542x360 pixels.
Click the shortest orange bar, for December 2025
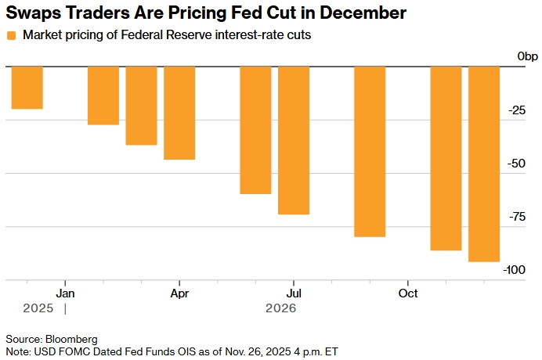[x=27, y=88]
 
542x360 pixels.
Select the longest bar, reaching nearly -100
[x=484, y=164]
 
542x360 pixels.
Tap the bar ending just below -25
[x=103, y=95]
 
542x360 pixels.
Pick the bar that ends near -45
[x=179, y=113]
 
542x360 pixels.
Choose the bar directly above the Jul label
[x=294, y=140]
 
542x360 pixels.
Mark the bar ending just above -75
[x=294, y=140]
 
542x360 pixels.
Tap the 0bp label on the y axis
[x=527, y=56]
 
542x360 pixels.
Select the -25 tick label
[x=517, y=110]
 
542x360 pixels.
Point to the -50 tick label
[x=517, y=163]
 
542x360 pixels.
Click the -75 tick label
[x=517, y=217]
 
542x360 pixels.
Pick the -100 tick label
[x=515, y=270]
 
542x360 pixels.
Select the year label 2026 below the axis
[x=280, y=309]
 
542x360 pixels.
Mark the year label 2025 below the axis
[x=37, y=309]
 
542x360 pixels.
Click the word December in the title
[x=363, y=13]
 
